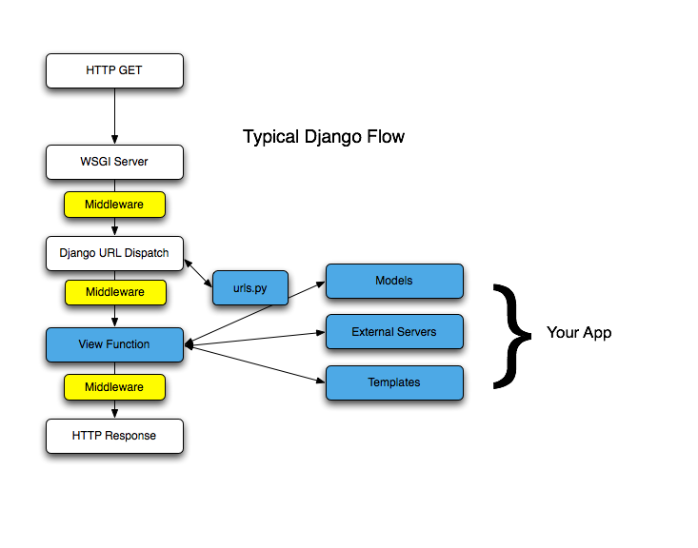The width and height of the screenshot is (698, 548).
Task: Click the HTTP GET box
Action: (x=114, y=70)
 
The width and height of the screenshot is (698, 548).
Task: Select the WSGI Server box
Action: (x=114, y=162)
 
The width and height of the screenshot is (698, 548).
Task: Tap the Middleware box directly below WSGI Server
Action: (x=114, y=205)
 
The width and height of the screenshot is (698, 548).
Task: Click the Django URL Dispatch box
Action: (x=114, y=253)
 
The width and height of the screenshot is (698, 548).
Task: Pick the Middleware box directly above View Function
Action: (x=115, y=292)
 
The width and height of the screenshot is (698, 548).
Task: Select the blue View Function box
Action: (x=114, y=344)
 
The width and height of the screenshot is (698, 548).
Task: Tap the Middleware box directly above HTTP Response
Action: (x=114, y=387)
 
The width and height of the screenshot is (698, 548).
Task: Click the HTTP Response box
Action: (x=114, y=436)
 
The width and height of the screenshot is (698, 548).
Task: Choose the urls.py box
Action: (x=250, y=287)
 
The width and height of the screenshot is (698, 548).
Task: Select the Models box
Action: (x=394, y=281)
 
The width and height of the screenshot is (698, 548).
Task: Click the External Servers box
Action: (x=394, y=332)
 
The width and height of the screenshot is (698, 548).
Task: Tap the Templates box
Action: (x=394, y=382)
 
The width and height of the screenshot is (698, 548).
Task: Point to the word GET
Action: (x=130, y=70)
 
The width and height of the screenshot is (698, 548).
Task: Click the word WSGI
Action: (x=95, y=162)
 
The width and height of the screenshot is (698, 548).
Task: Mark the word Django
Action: (x=76, y=253)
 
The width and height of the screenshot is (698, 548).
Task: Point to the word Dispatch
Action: (x=147, y=253)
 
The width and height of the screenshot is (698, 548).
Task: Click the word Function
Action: (x=128, y=344)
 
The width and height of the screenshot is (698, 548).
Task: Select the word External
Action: (x=371, y=332)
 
